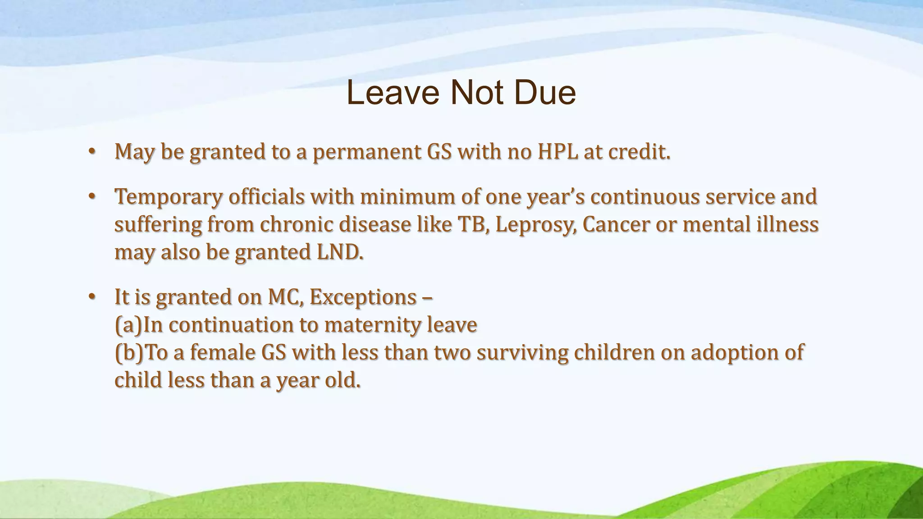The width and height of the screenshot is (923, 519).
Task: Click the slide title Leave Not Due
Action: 461,93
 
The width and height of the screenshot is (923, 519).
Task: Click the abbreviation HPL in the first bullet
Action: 557,152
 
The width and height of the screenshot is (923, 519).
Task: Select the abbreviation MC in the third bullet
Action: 285,297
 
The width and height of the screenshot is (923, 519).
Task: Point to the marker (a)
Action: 128,325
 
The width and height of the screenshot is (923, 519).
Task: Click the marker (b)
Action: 128,353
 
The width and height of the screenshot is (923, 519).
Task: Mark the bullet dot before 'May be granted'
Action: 92,152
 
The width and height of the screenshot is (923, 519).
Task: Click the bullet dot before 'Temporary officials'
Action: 92,197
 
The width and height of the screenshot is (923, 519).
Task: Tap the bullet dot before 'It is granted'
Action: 92,297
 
